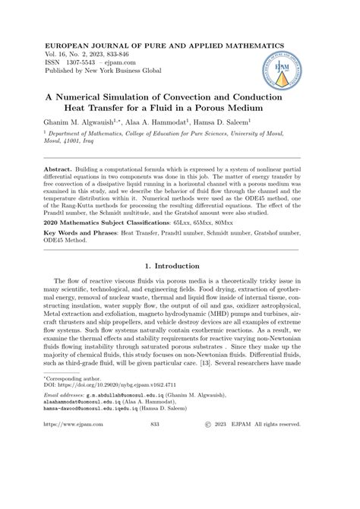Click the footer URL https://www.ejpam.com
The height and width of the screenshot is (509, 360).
coord(76,489)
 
